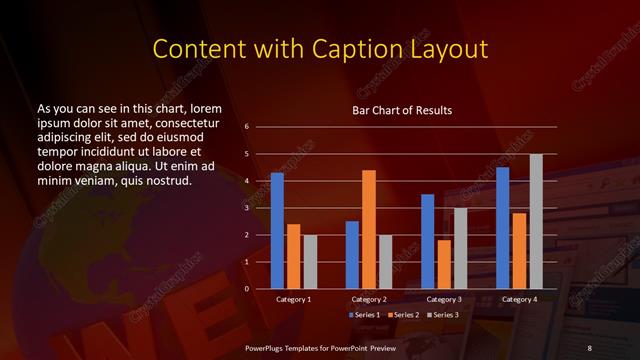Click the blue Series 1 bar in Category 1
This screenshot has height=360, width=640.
click(x=277, y=231)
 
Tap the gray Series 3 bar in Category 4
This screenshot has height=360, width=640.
click(x=536, y=221)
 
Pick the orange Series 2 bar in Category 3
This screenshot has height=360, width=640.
click(x=444, y=264)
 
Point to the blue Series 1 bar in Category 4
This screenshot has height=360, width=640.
click(x=503, y=228)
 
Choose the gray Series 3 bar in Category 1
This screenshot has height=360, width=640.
click(x=309, y=262)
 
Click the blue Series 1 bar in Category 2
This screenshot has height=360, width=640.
click(x=352, y=255)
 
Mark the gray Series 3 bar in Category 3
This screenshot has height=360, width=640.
click(x=460, y=248)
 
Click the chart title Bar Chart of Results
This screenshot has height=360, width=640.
click(x=402, y=109)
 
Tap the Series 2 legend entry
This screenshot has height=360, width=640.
click(x=402, y=315)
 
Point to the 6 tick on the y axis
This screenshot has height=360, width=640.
click(x=247, y=127)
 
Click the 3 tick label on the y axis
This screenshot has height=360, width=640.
click(x=247, y=208)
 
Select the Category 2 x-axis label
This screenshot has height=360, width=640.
click(x=369, y=299)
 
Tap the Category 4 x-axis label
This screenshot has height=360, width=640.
click(x=519, y=299)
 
